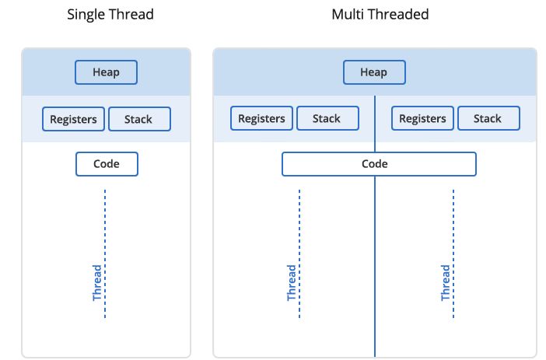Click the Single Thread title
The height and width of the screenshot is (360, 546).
[x=110, y=15]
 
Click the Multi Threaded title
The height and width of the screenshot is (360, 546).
[x=380, y=15]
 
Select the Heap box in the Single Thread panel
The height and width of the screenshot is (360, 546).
[x=107, y=72]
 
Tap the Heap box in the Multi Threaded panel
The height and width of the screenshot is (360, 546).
[x=374, y=72]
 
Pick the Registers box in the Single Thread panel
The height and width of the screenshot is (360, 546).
[x=73, y=119]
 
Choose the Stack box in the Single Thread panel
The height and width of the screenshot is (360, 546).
[x=140, y=119]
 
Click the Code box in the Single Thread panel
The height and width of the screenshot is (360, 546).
[x=107, y=164]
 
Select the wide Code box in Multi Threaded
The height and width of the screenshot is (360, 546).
[x=379, y=164]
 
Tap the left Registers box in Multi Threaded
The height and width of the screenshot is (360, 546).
[x=261, y=118]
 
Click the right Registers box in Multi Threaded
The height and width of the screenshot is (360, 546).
[x=422, y=118]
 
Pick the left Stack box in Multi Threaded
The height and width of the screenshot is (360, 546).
[x=327, y=118]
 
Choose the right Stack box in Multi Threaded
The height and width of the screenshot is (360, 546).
[x=488, y=118]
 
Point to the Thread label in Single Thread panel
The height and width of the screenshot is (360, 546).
[x=96, y=283]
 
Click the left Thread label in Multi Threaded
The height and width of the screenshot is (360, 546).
[x=291, y=283]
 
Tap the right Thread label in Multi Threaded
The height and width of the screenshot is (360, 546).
[x=446, y=283]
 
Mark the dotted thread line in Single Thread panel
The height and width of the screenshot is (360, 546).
[x=105, y=253]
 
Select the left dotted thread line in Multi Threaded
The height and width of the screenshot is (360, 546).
[x=299, y=253]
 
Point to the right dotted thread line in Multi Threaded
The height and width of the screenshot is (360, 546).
[x=453, y=253]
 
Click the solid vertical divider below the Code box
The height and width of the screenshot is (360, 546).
[x=375, y=267]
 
